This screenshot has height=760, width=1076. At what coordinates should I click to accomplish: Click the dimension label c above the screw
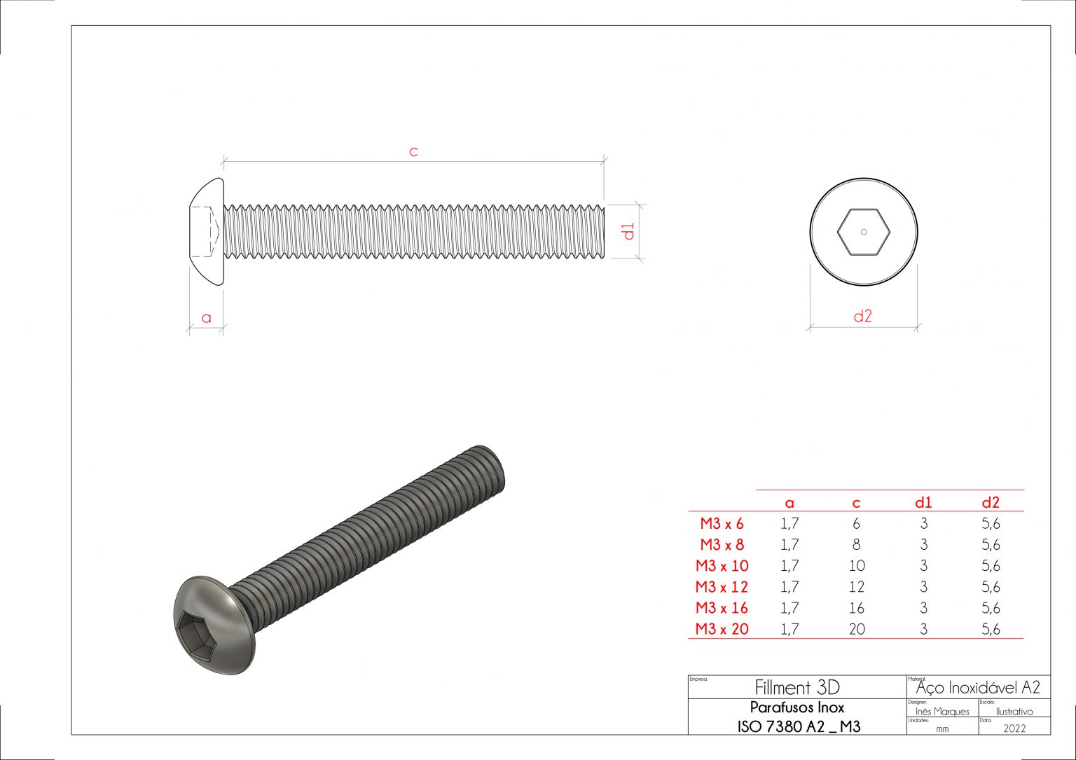click(413, 151)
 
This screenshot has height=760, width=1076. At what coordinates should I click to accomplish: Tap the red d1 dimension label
click(629, 231)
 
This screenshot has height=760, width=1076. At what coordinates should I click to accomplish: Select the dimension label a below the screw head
click(206, 318)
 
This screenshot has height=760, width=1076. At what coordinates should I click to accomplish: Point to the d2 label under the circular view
click(862, 316)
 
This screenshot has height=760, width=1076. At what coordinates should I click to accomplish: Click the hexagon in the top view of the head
click(863, 232)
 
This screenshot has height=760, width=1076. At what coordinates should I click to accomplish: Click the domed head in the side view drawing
click(207, 232)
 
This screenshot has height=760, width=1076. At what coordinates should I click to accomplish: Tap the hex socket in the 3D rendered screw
click(199, 630)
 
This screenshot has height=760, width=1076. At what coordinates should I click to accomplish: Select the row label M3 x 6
click(722, 523)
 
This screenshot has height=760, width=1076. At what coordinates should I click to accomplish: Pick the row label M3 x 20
click(722, 629)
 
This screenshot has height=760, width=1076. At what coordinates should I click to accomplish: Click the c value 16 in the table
click(856, 608)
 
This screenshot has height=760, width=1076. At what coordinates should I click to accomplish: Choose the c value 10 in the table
click(856, 566)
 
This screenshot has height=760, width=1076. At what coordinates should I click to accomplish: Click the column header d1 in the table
click(923, 502)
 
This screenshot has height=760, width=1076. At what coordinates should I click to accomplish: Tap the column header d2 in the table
click(991, 502)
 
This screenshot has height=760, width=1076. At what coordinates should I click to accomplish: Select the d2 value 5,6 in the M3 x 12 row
click(991, 587)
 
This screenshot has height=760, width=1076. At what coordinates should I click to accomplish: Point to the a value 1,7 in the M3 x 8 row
click(789, 545)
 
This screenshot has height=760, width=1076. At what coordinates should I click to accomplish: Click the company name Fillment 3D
click(797, 687)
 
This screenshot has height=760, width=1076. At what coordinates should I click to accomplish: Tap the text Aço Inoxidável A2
click(978, 687)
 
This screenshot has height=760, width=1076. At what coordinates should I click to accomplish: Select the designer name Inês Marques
click(942, 712)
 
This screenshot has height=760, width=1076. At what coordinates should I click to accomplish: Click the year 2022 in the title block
click(1014, 728)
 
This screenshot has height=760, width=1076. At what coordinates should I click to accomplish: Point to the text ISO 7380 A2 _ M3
click(799, 726)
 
